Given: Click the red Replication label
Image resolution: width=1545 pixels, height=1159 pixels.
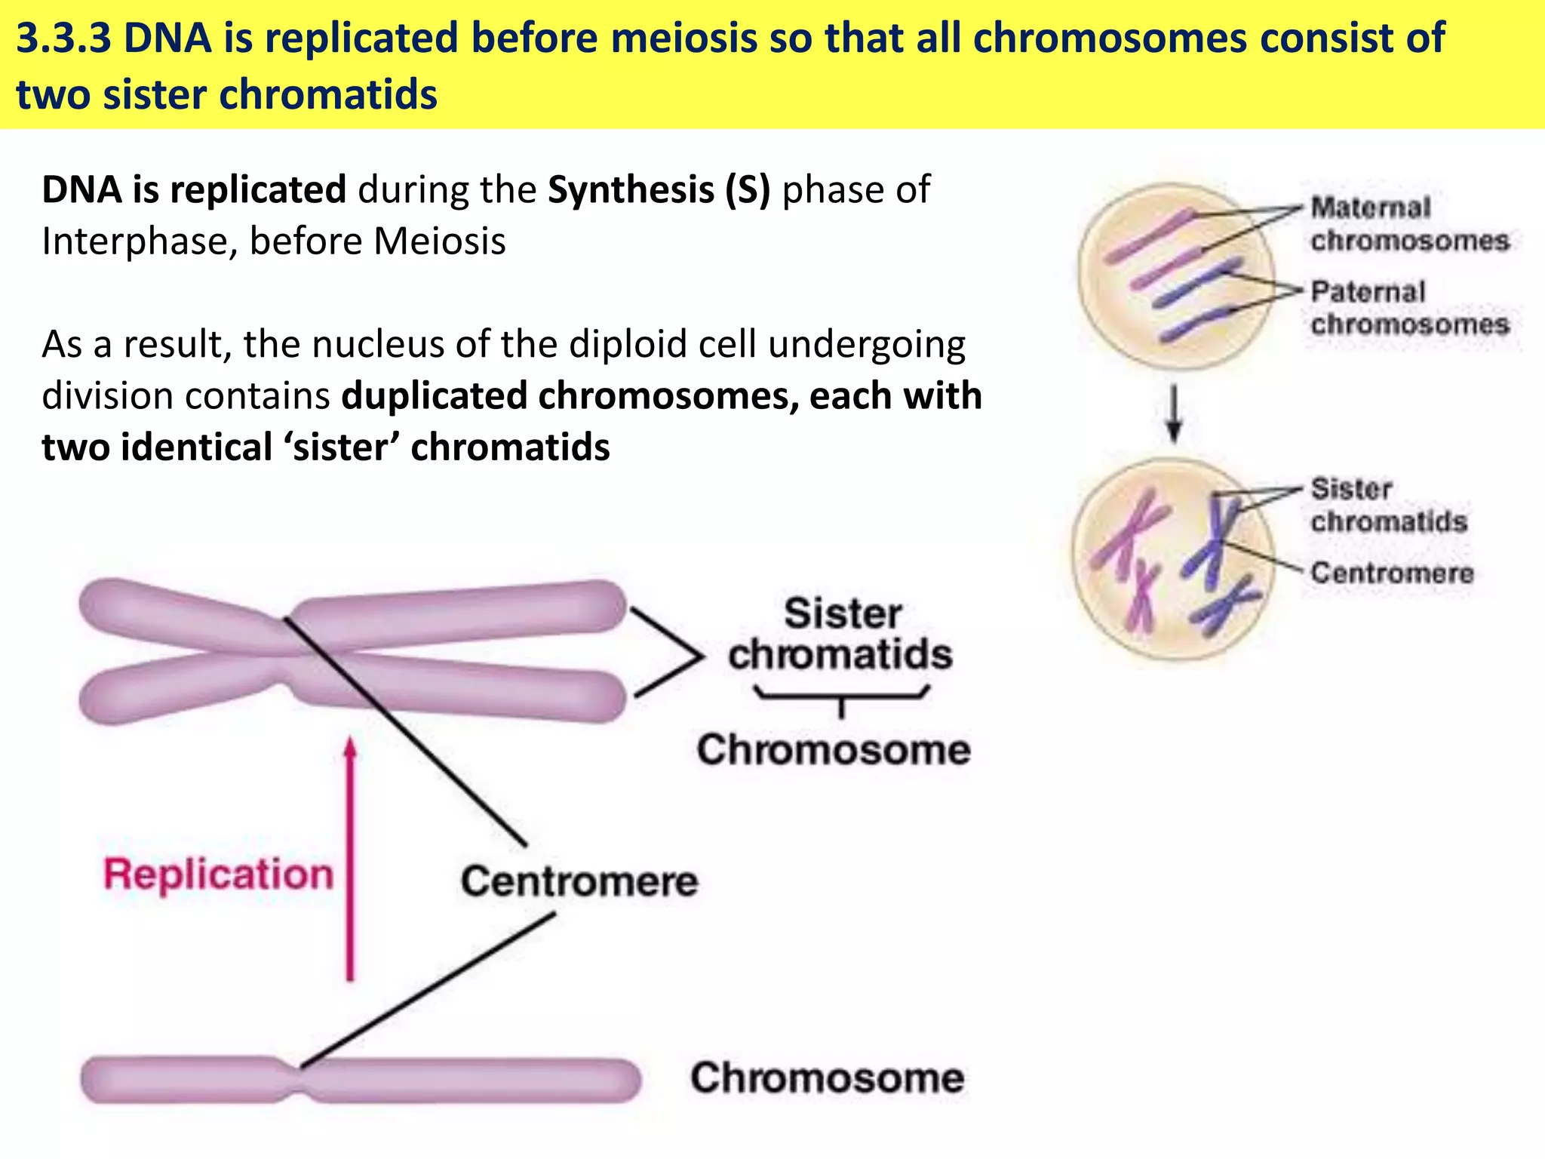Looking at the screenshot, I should coord(218,875).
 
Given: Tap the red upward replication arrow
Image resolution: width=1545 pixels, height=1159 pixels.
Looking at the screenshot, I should coord(350,860).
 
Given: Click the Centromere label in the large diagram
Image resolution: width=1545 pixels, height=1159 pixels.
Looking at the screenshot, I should coord(579,881).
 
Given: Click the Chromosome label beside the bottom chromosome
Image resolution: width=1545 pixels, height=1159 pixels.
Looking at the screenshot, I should coord(827,1078).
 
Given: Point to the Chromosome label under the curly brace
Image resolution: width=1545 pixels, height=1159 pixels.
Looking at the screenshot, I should coord(834,750).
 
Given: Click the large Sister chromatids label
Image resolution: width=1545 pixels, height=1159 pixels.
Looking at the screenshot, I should coord(840,634).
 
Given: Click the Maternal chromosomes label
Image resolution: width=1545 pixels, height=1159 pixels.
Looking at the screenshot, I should coord(1409,224).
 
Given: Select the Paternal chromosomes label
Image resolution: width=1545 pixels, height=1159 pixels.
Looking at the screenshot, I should coord(1409,308).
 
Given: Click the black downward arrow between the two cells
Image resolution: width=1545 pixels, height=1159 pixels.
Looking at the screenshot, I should coord(1174,414).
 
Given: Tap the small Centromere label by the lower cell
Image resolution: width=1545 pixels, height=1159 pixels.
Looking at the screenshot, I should coord(1392,573).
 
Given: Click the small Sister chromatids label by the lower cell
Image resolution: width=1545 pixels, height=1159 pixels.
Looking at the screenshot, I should coord(1388,505).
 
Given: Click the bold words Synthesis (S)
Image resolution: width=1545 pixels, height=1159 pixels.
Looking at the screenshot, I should coord(659,189).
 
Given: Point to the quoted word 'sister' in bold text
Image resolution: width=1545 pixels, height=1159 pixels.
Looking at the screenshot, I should coord(342,447).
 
